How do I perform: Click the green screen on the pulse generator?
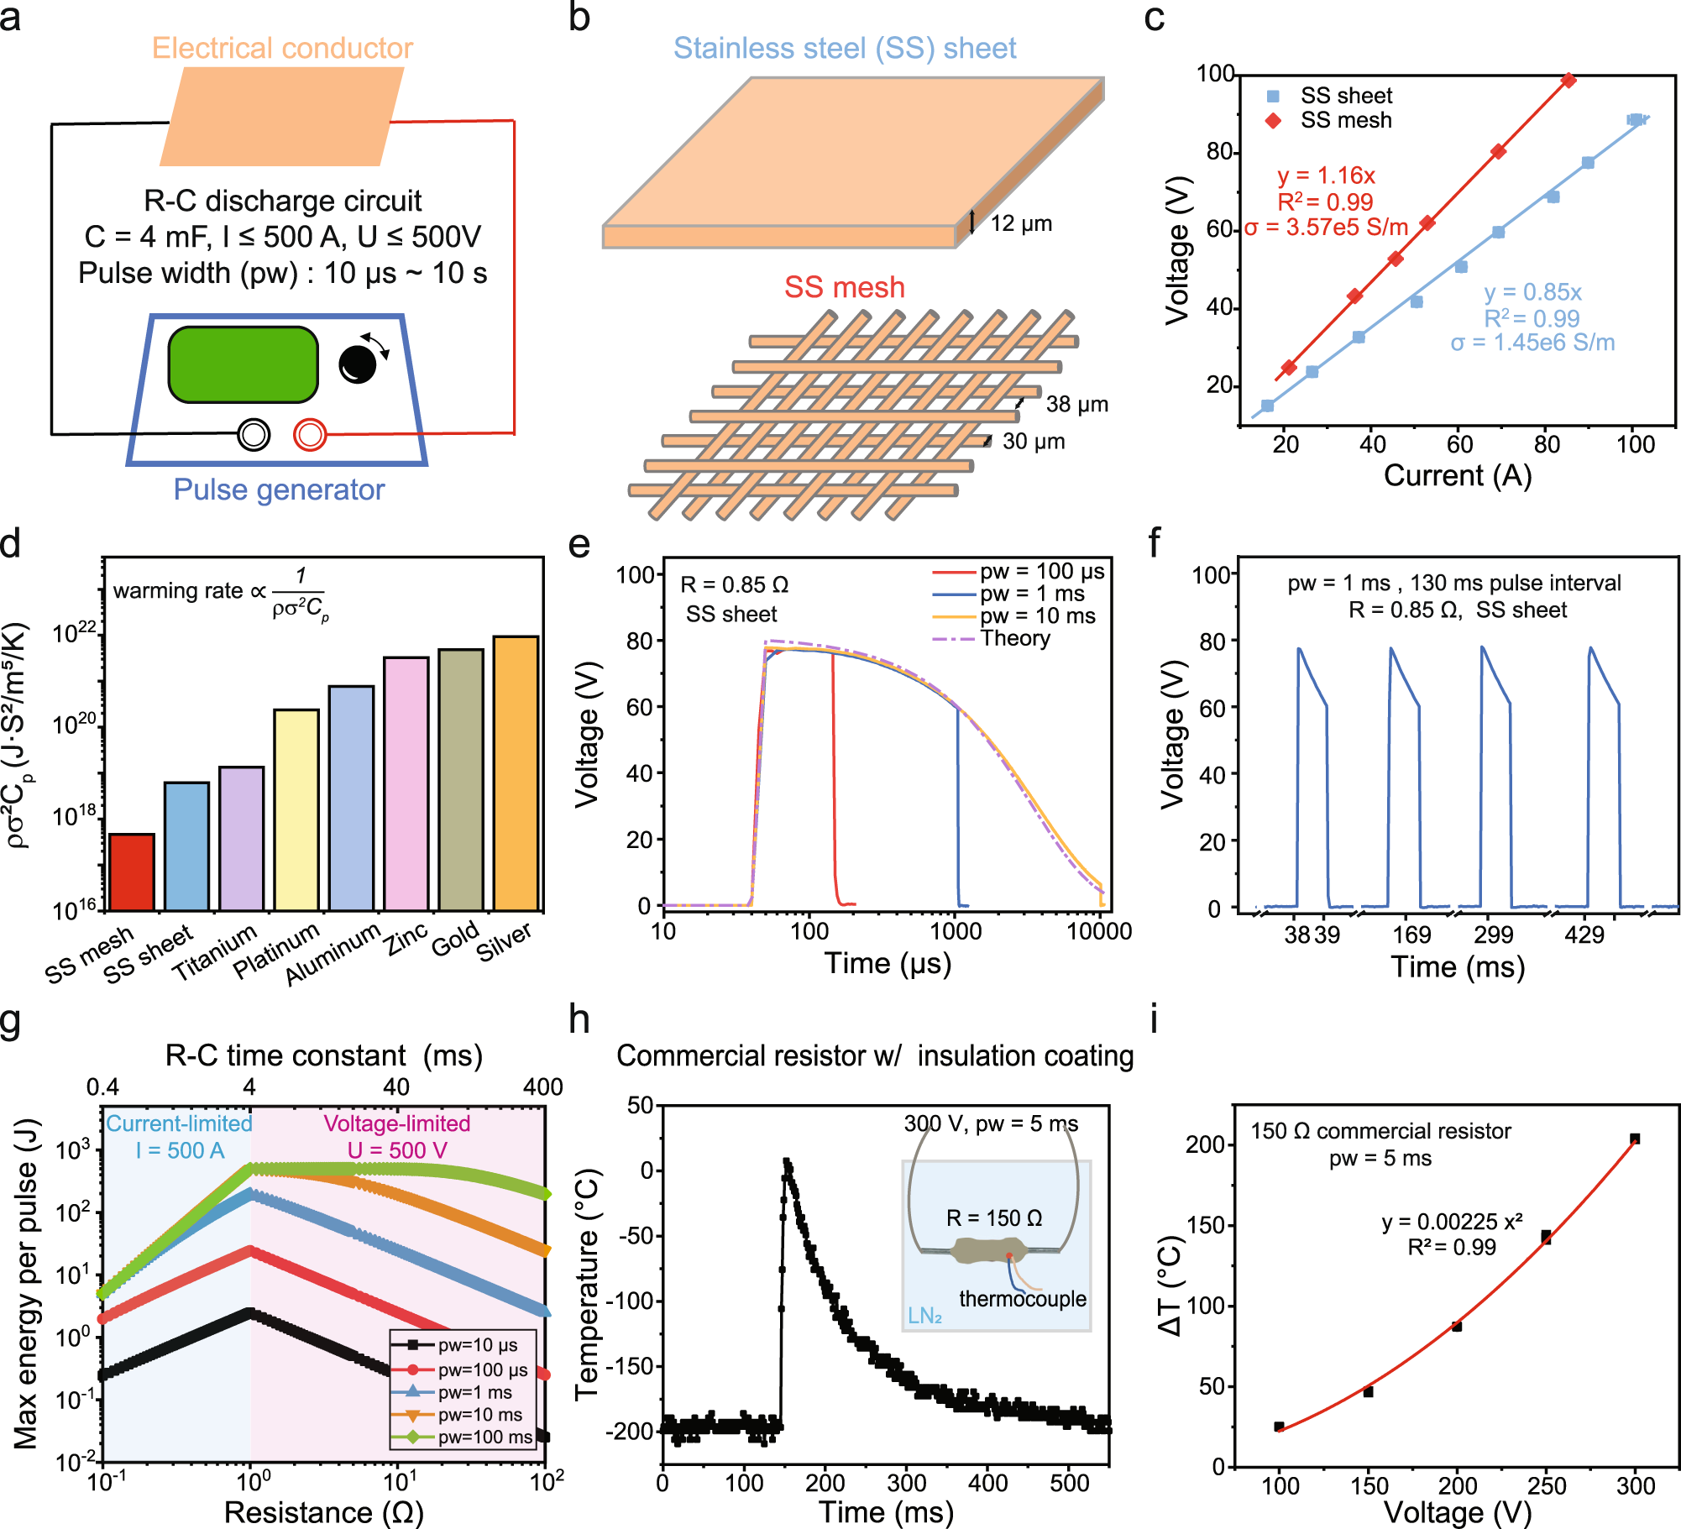(243, 364)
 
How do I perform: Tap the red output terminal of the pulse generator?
(310, 434)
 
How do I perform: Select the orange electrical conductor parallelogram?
(282, 117)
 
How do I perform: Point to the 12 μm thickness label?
(1021, 223)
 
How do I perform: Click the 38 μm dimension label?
(1076, 405)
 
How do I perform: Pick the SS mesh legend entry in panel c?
(1345, 121)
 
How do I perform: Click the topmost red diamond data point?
(1568, 81)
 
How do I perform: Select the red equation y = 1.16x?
(1326, 175)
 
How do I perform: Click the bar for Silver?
(516, 772)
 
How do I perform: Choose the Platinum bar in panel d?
(296, 809)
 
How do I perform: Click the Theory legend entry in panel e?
(1015, 638)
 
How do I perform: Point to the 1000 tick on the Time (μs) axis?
(956, 931)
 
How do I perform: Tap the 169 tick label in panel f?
(1411, 935)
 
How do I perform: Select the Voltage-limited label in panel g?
(397, 1123)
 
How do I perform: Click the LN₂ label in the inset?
(924, 1316)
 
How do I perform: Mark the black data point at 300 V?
(1634, 1139)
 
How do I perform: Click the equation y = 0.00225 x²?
(1452, 1221)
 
